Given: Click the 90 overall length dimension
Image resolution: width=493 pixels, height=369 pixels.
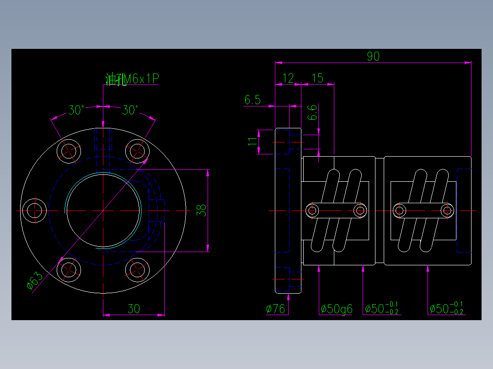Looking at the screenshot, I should (x=373, y=57).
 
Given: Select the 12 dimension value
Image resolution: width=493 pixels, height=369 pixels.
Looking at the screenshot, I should (x=288, y=78).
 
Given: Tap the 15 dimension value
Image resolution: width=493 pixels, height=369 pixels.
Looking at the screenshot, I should (x=317, y=78).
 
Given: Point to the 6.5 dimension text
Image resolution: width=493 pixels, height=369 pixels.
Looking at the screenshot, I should (x=252, y=100).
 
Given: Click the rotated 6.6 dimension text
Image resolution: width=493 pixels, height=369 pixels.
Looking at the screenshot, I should (x=311, y=112).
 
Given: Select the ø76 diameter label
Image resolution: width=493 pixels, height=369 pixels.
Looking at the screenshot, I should (x=276, y=309).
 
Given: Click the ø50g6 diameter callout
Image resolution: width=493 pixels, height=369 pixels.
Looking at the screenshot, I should (x=336, y=309).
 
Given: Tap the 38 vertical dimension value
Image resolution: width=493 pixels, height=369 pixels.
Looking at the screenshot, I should (x=202, y=210).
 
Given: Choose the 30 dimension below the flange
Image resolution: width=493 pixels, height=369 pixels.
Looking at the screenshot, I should (x=134, y=309).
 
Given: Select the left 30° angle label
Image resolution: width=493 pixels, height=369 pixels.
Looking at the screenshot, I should (x=76, y=110).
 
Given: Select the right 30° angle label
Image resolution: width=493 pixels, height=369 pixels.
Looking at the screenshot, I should (x=130, y=110).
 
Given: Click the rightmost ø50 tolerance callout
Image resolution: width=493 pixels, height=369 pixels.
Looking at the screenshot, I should (x=447, y=309).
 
